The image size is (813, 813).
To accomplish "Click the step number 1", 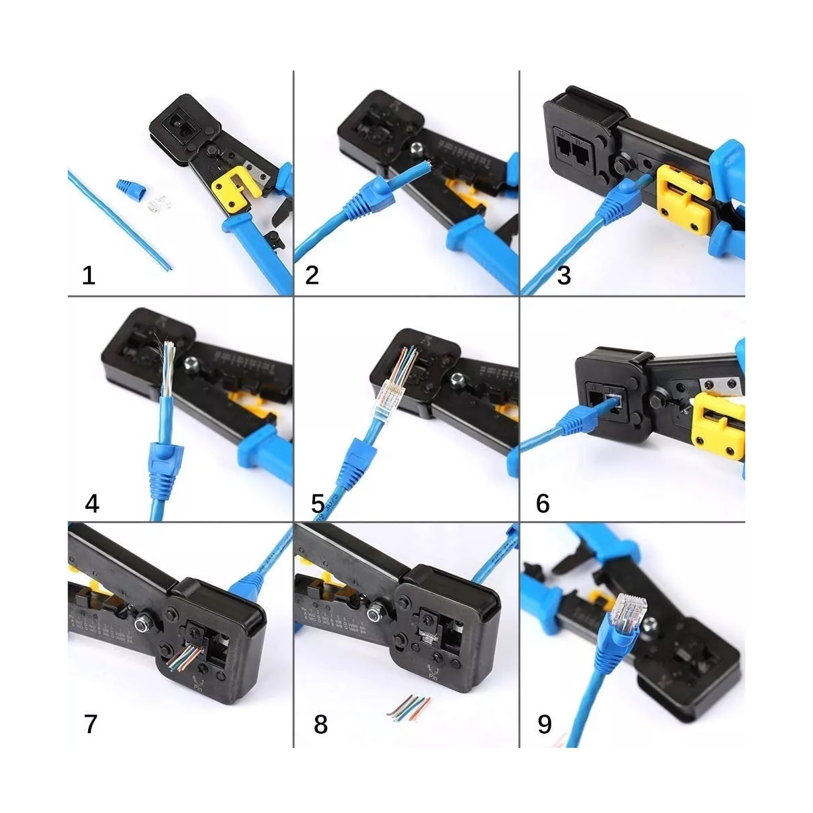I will (x=89, y=276).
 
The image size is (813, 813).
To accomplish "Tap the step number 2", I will (x=312, y=275).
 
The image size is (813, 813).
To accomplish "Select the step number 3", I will (x=564, y=275).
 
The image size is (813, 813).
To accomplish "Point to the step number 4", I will (x=92, y=503).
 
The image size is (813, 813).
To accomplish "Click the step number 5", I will (x=318, y=503).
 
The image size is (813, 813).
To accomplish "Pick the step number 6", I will (x=543, y=503).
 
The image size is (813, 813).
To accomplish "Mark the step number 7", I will (x=91, y=724).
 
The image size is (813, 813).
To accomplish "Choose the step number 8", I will (x=320, y=724).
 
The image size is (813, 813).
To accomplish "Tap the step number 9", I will (x=544, y=724).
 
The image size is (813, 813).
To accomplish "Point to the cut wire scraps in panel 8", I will (x=409, y=705).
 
